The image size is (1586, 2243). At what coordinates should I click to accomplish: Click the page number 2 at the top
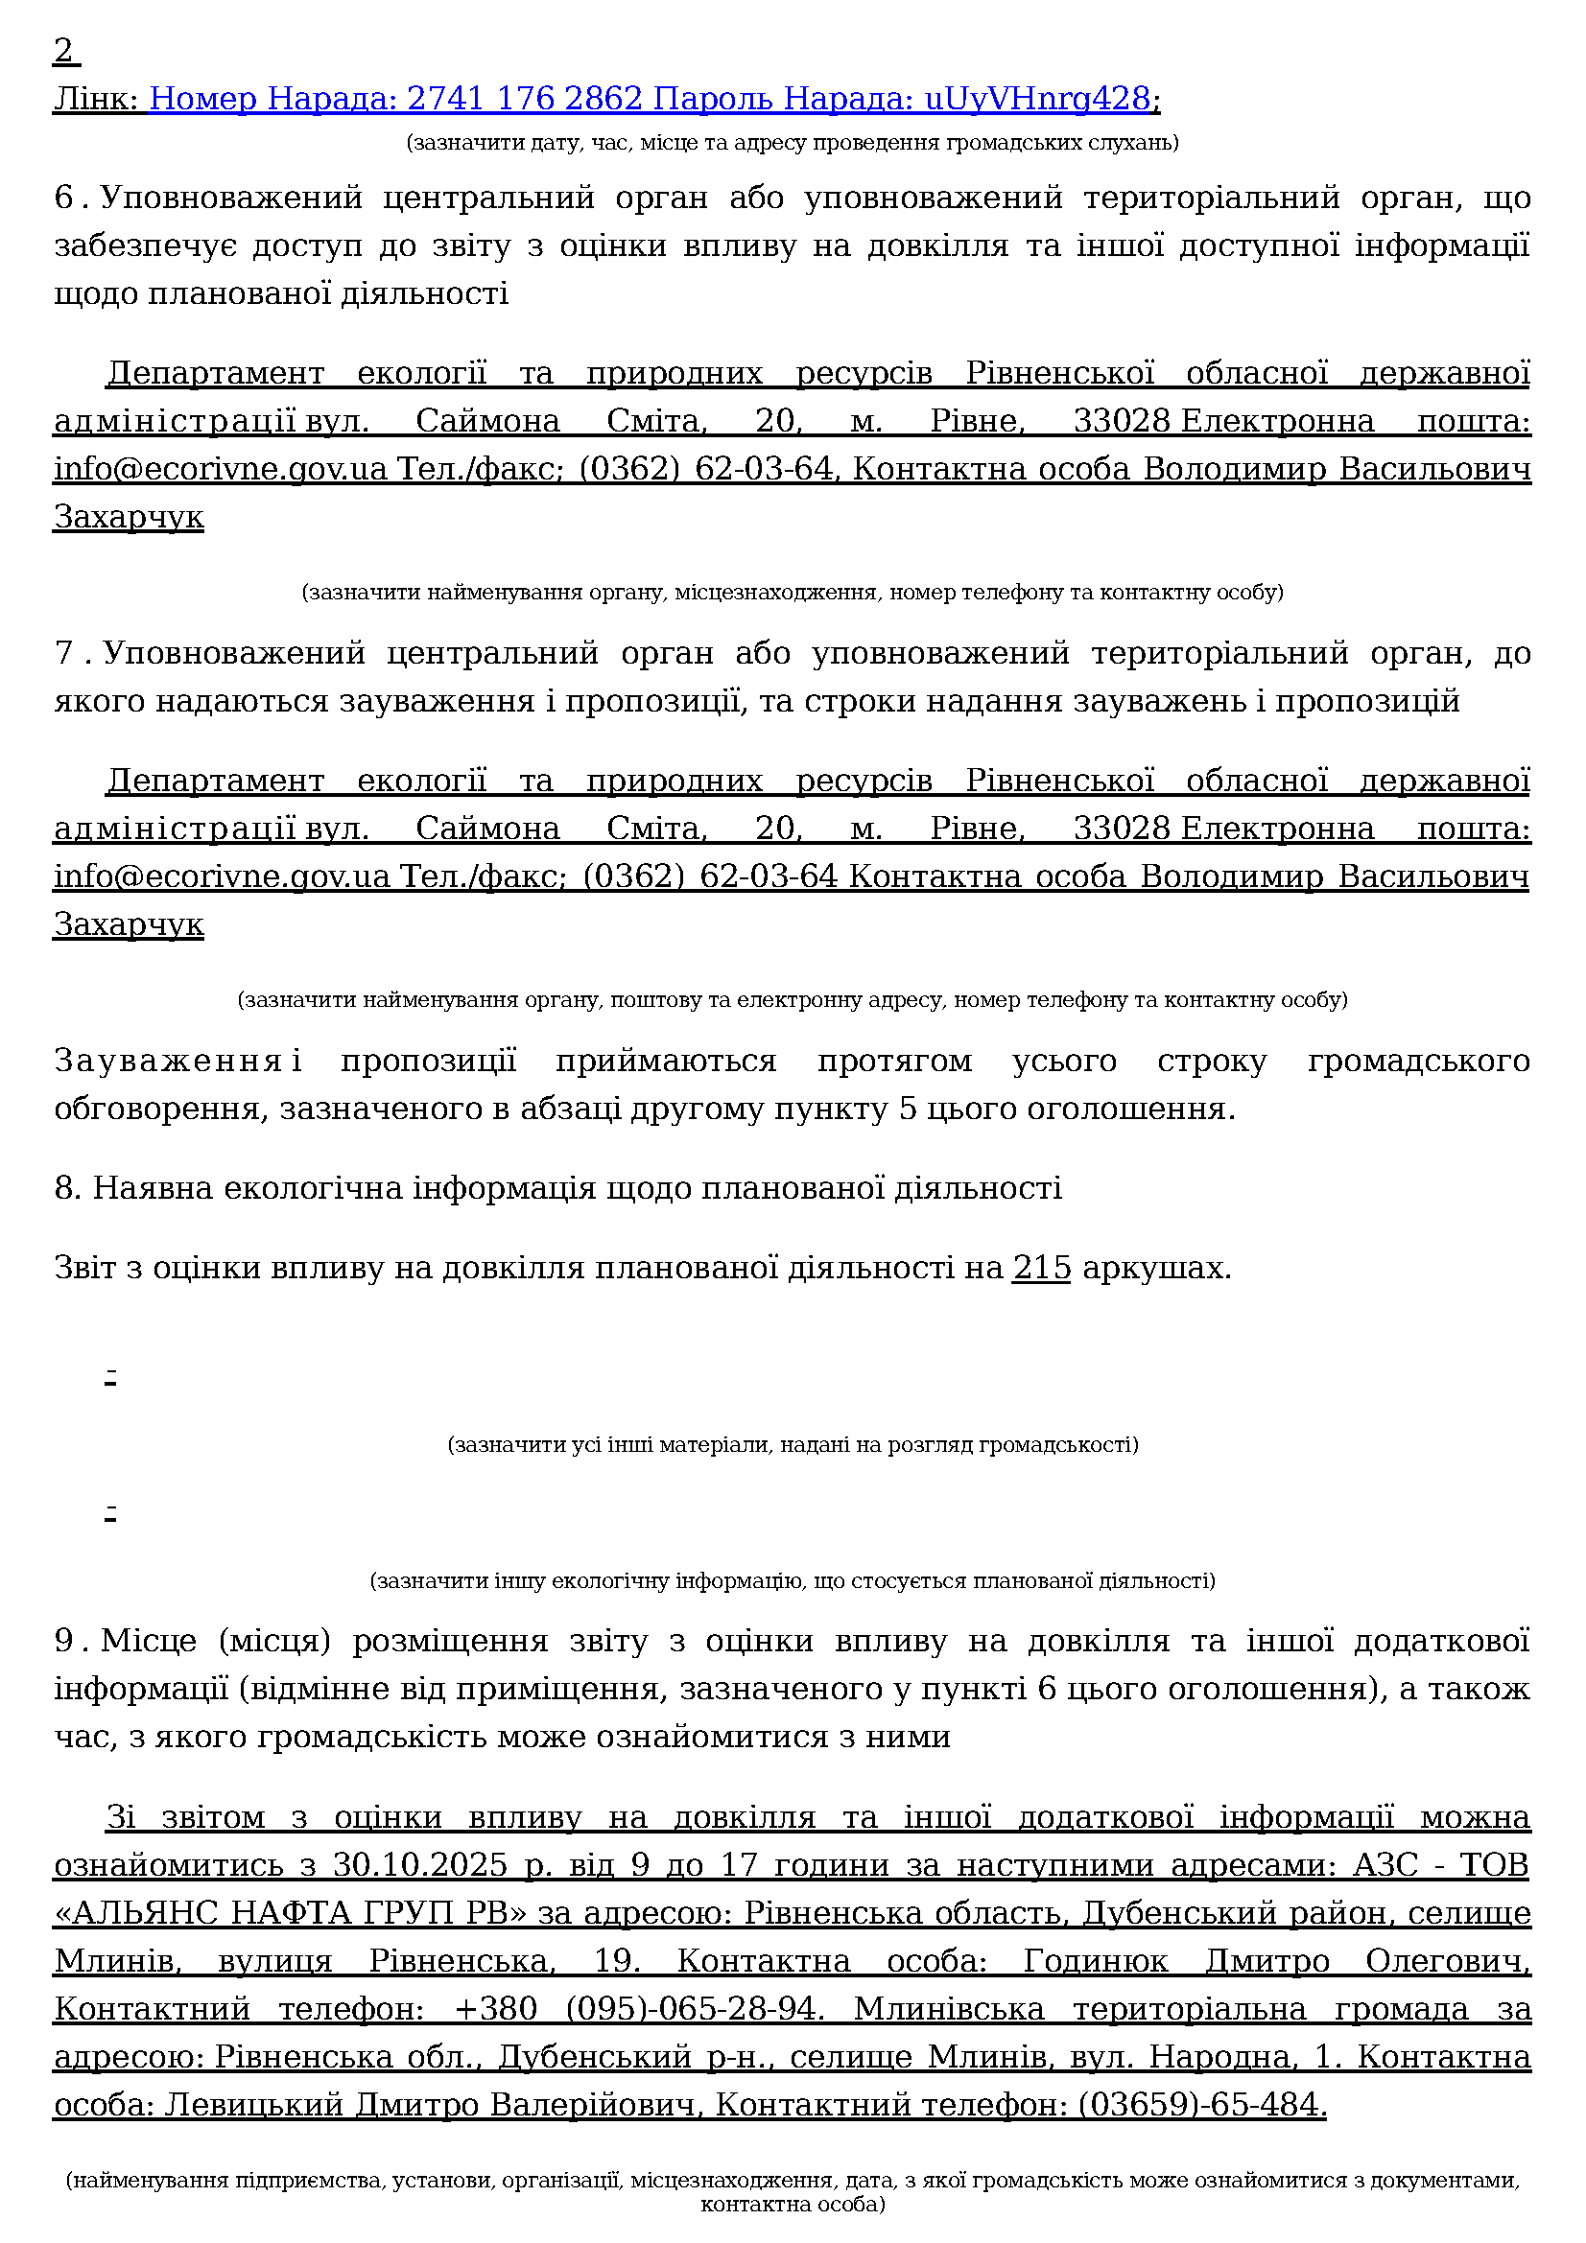[63, 51]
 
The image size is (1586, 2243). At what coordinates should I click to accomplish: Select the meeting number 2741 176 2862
[524, 99]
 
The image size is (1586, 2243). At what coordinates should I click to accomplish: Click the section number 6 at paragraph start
[64, 199]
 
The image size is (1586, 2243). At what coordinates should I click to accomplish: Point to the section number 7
[64, 654]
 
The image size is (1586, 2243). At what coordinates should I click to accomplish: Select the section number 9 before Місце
[64, 1641]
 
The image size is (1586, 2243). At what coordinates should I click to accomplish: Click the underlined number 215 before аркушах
[1042, 1269]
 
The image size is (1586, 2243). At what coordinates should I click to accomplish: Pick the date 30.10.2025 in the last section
[419, 1866]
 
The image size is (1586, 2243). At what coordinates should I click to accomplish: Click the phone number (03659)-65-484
[1201, 2105]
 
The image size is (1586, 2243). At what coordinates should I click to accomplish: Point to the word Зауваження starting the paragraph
[168, 1061]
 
